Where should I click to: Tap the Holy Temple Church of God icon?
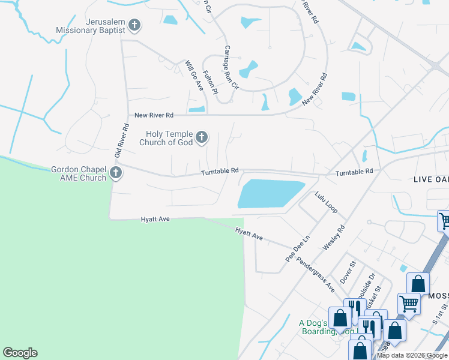202,138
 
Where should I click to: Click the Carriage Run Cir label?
231,67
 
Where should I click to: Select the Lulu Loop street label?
326,202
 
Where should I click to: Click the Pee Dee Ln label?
297,248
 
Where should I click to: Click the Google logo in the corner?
20,353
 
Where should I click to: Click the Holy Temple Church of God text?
166,138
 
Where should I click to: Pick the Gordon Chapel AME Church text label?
79,173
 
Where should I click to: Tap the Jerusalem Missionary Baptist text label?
90,25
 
